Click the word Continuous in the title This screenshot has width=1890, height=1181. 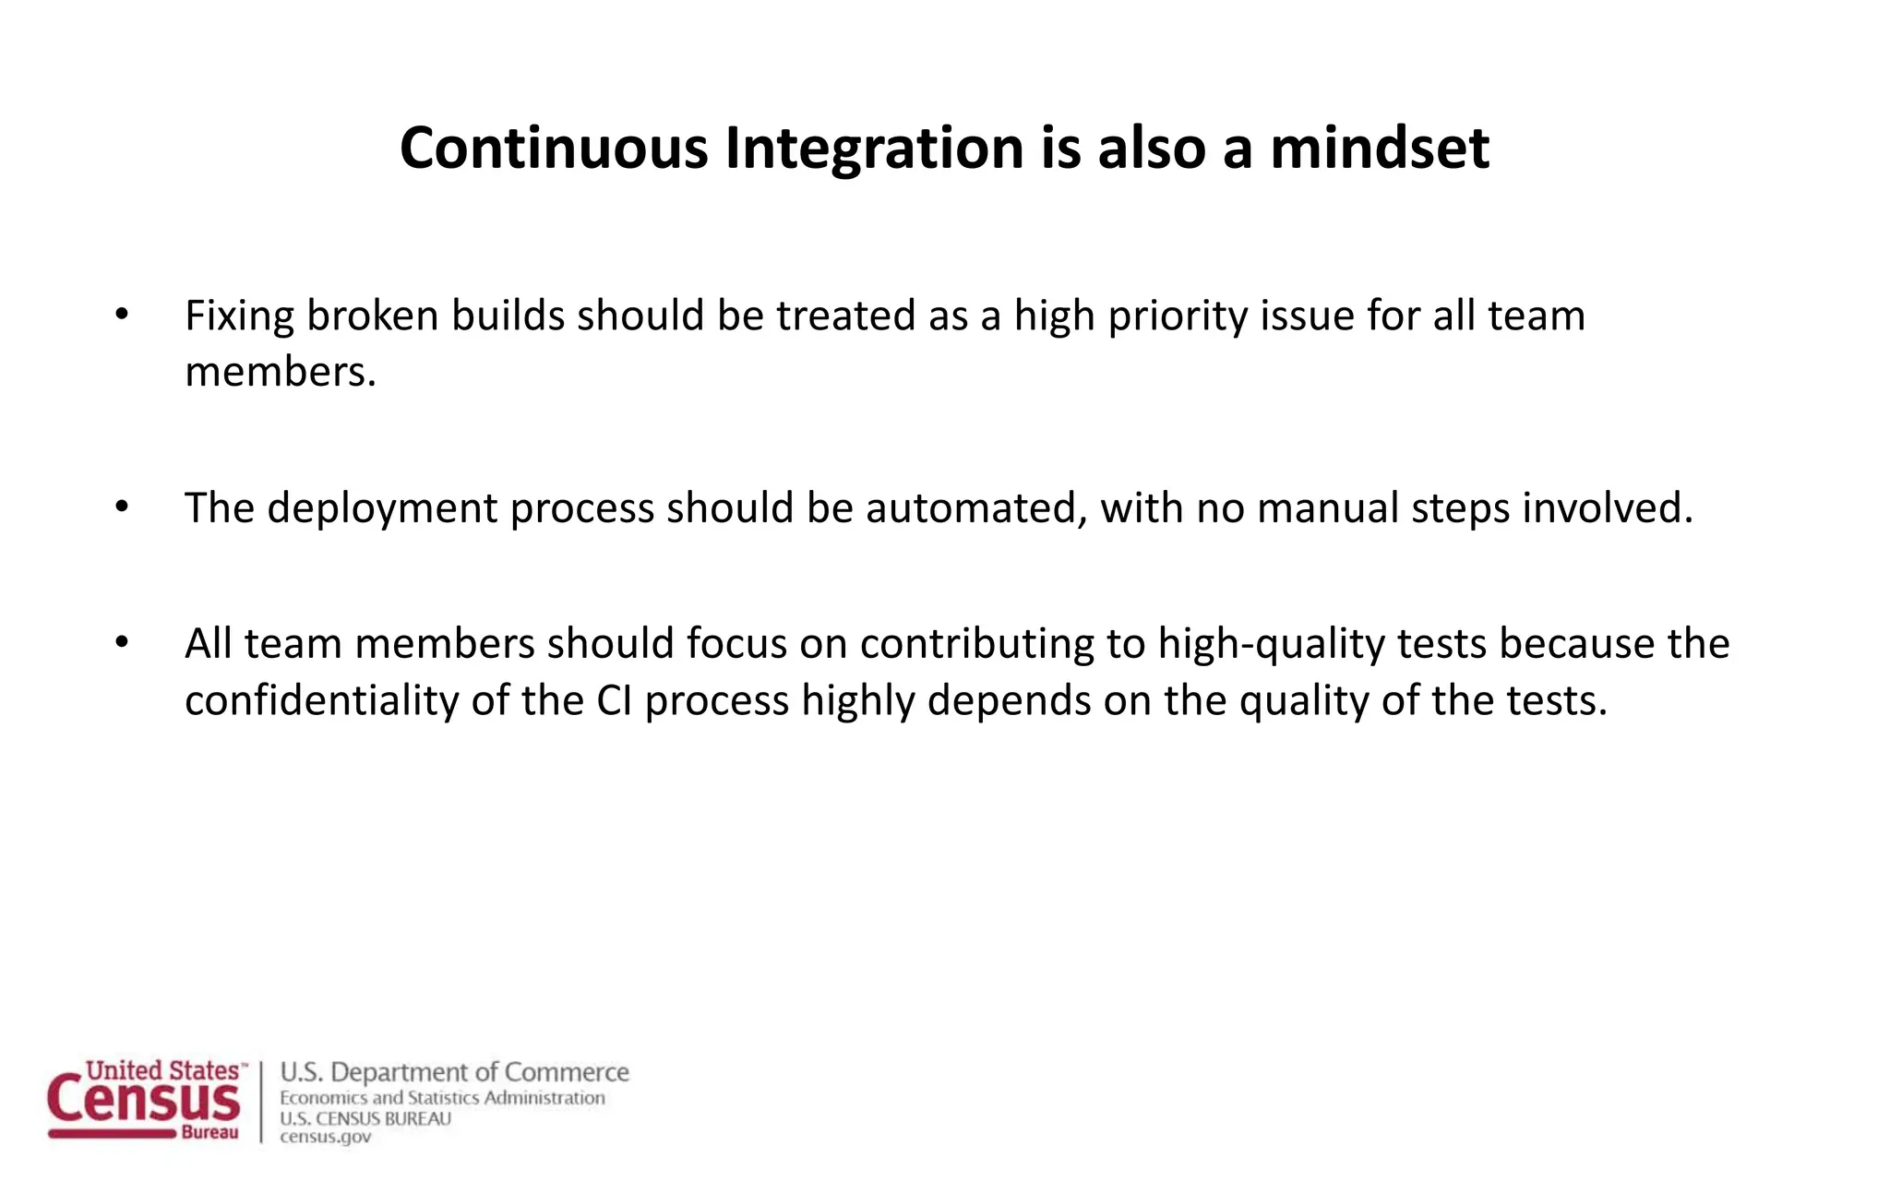coord(554,148)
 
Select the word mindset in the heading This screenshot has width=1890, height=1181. coord(1380,148)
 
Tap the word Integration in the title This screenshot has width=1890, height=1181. coord(875,148)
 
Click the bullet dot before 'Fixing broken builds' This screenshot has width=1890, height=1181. coord(122,316)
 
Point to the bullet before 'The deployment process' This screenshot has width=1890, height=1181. coord(122,507)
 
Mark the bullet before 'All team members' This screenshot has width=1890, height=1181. coord(122,643)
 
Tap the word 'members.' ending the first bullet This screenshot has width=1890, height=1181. coord(281,373)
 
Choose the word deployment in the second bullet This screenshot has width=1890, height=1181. coord(382,508)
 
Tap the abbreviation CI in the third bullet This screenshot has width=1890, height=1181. coord(614,700)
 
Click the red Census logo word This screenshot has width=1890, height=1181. coord(144,1101)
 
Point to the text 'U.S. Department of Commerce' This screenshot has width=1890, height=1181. coord(454,1072)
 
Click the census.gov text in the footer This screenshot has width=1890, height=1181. coord(325,1138)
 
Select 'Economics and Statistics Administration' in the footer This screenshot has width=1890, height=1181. coord(442,1098)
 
